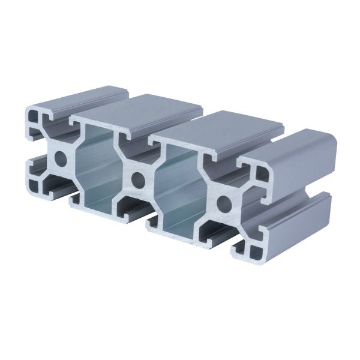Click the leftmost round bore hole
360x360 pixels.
[x=60, y=159]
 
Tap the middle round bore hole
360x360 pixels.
[x=138, y=178]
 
